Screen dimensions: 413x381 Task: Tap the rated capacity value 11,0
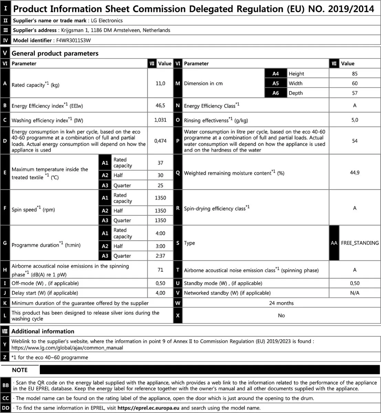160,83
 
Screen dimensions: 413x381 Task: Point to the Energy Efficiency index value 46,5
160,105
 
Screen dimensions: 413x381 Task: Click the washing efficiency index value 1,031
160,120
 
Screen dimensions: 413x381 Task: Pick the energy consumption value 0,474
160,141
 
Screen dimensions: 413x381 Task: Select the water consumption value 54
354,141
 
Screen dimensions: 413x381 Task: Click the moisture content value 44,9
354,172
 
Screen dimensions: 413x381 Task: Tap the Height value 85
354,74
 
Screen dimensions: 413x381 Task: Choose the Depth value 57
354,93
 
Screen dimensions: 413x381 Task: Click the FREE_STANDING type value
360,243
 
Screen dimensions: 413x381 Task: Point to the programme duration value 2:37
160,256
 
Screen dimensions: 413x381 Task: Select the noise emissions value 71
160,270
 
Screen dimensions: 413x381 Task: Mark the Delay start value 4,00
160,293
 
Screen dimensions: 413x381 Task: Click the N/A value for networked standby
354,293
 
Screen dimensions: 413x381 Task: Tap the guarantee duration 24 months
281,303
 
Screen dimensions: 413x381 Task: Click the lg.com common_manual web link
67,348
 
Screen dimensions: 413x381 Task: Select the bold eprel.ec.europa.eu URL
148,408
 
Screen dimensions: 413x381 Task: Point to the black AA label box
334,243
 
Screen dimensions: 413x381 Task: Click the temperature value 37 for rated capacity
160,163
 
